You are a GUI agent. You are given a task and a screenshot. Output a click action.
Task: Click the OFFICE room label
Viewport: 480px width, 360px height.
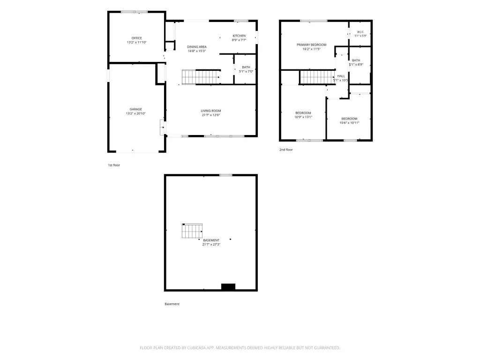136,38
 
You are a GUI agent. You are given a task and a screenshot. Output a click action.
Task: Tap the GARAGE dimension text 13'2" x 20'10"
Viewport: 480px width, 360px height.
135,113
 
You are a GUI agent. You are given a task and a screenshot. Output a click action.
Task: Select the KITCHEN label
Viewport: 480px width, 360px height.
239,36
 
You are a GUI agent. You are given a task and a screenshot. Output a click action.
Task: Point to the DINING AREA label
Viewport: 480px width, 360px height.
197,47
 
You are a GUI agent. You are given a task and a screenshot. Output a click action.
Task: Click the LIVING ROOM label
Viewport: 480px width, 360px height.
211,111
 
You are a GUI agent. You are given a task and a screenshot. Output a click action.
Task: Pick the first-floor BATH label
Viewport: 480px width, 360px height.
246,67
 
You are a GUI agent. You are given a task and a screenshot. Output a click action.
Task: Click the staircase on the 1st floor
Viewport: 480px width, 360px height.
201,77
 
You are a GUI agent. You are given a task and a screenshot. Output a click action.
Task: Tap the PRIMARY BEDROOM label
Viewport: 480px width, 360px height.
312,45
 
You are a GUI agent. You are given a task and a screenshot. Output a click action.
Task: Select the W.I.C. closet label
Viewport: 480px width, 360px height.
360,32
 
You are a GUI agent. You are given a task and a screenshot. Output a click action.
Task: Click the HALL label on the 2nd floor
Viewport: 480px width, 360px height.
341,76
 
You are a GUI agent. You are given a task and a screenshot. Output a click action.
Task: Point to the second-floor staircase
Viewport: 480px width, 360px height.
317,77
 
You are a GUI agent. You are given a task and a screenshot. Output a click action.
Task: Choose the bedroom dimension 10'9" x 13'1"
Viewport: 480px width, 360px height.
303,117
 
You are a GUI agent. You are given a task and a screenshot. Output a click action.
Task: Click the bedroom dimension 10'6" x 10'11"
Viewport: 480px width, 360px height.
349,123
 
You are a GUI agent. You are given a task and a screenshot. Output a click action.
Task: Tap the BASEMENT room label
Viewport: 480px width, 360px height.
211,240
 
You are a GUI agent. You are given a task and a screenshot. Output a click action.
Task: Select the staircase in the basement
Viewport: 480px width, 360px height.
192,231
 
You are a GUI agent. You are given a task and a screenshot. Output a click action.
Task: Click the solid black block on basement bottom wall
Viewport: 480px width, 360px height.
228,287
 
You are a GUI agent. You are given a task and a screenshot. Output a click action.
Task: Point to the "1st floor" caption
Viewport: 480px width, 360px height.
114,165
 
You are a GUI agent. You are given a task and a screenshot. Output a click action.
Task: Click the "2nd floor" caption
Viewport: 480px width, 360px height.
286,150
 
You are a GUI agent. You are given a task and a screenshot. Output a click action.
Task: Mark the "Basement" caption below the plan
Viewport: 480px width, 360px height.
172,304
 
